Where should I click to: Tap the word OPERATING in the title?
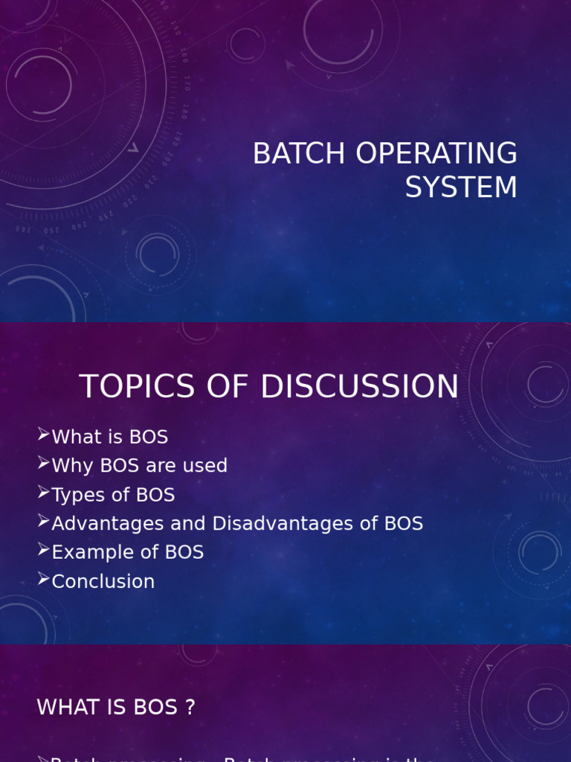click(436, 154)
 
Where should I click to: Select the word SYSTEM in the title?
click(461, 187)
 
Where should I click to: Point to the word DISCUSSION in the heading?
click(359, 387)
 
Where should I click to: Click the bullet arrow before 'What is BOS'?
click(43, 435)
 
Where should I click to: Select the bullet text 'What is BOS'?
click(109, 437)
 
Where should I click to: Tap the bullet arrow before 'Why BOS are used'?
click(43, 464)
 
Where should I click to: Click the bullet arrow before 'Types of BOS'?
click(43, 493)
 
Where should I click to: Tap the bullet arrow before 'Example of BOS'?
click(43, 551)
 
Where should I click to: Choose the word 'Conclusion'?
click(103, 582)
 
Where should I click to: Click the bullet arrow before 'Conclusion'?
click(43, 580)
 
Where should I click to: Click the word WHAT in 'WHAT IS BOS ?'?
click(65, 707)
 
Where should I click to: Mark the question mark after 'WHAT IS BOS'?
click(190, 707)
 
